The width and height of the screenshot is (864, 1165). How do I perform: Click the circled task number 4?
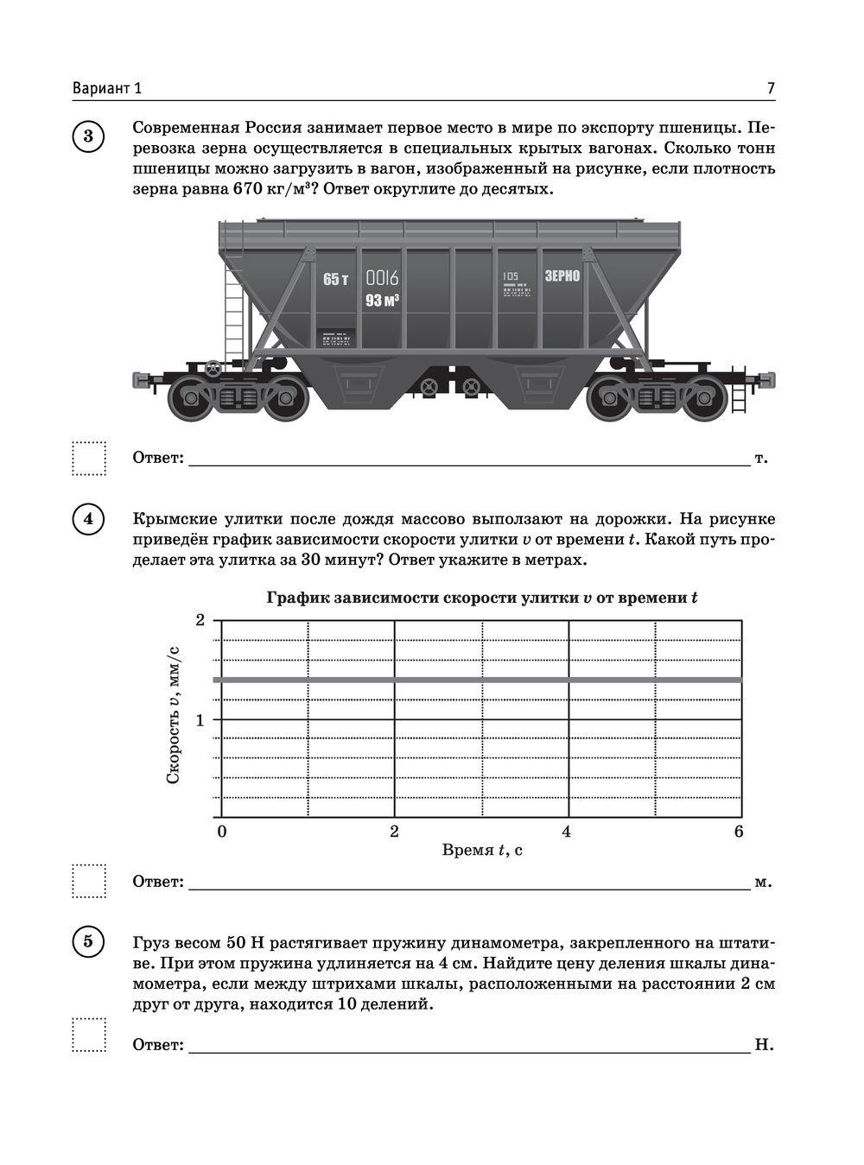point(88,521)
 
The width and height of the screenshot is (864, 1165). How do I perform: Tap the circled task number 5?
point(88,940)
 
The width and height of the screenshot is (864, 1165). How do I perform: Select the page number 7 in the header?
point(770,88)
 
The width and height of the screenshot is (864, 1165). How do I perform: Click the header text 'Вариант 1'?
point(107,88)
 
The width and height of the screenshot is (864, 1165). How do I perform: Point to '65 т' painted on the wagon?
point(335,279)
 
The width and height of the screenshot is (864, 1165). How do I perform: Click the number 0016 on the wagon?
point(383,278)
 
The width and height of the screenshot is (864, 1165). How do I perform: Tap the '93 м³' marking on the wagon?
point(382,301)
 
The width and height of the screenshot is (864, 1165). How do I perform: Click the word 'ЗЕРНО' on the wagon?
point(562,276)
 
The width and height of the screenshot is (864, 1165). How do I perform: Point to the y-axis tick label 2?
point(200,620)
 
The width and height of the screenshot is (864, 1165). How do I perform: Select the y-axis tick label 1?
point(200,720)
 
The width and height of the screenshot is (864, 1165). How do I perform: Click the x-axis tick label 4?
point(567,832)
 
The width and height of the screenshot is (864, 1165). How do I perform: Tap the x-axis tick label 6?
point(739,832)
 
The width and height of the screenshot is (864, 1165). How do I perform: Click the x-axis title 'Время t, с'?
point(482,851)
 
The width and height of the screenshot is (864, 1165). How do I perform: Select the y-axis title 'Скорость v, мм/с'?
point(173,715)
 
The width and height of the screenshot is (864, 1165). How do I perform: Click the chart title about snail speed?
point(482,598)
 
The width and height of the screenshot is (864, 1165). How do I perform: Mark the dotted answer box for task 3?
point(89,458)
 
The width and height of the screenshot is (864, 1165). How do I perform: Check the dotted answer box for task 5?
point(89,1034)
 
